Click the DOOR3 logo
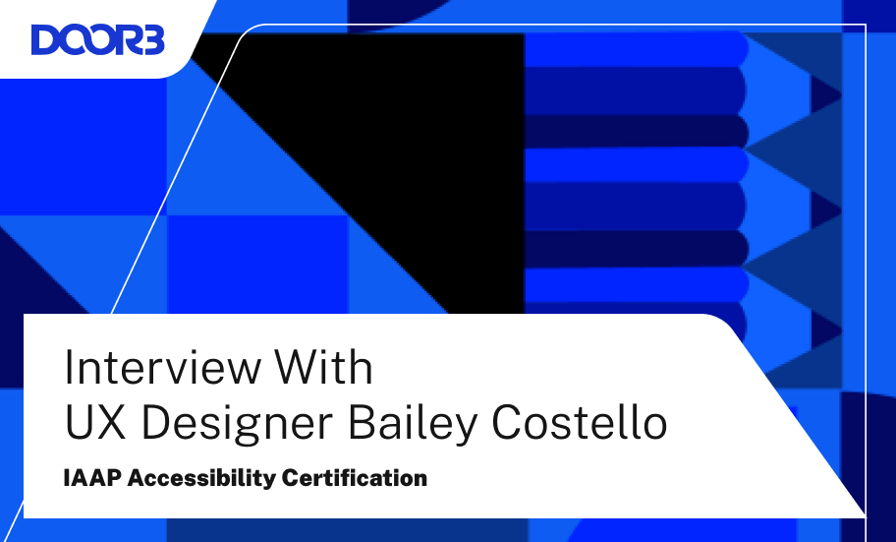(x=97, y=39)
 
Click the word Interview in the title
(x=162, y=367)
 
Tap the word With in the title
(x=324, y=366)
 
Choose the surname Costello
(x=579, y=422)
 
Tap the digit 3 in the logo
(x=152, y=40)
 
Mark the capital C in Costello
(x=507, y=422)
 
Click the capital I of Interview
(x=69, y=366)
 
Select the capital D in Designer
(x=156, y=422)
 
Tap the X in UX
(x=111, y=422)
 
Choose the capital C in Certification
(x=291, y=478)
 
